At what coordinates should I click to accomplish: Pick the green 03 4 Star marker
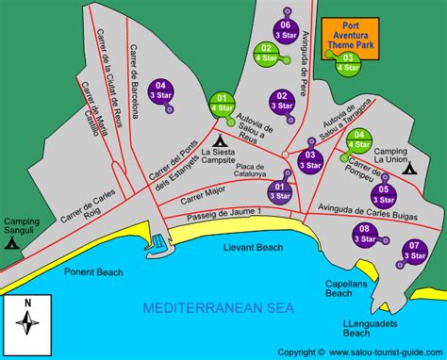[349, 62]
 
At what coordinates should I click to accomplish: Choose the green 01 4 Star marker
[223, 103]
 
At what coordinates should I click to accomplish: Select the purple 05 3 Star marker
[383, 194]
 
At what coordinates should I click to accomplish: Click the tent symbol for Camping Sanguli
[12, 241]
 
